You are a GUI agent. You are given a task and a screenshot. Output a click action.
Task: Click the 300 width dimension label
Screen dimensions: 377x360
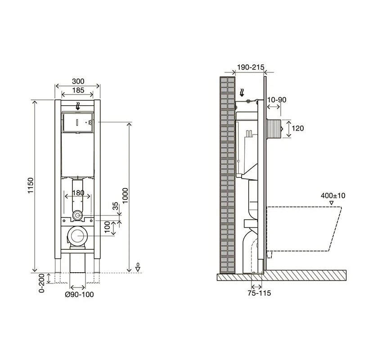coord(78,81)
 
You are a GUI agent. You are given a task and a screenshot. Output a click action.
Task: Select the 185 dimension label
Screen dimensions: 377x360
coord(78,90)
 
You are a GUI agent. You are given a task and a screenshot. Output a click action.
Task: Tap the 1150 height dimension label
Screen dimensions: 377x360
coord(31,185)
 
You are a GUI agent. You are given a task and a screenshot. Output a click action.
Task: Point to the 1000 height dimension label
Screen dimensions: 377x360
coord(125,195)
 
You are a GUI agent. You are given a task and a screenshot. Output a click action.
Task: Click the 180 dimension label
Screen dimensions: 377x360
coord(78,193)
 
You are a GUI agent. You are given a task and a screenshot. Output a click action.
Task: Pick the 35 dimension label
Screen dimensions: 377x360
coord(116,206)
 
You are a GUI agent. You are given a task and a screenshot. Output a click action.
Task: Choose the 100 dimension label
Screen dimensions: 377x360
coord(107,227)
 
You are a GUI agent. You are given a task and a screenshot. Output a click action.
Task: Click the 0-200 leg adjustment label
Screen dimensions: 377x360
coord(41,283)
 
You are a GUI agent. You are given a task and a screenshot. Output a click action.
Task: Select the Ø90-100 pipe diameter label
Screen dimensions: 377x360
coord(79,294)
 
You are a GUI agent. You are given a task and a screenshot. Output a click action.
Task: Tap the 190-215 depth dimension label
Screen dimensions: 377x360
coord(251,67)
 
